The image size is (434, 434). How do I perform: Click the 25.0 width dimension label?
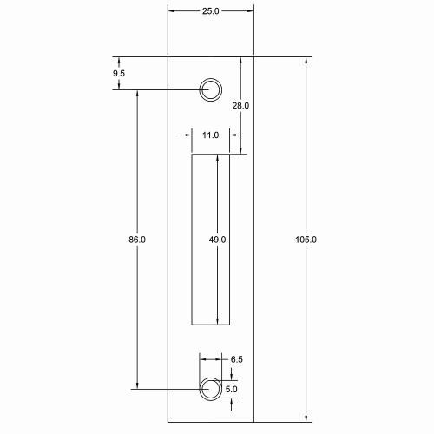[x=210, y=11]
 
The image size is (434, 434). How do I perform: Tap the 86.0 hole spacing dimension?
[x=136, y=239]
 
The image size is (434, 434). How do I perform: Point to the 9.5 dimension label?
[x=120, y=75]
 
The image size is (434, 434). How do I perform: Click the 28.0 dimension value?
[x=240, y=106]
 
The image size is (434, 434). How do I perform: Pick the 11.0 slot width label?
[x=210, y=135]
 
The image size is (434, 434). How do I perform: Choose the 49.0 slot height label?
[x=217, y=239]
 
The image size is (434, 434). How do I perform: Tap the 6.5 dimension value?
[x=237, y=358]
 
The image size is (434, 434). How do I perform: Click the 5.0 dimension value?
[x=231, y=390]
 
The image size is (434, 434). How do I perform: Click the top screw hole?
[x=210, y=89]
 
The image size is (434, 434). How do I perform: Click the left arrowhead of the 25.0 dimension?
[x=171, y=11]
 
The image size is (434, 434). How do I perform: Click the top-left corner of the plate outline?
[x=168, y=56]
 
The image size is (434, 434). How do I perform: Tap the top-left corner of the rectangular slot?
[x=192, y=155]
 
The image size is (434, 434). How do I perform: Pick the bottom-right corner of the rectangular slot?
[x=230, y=325]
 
